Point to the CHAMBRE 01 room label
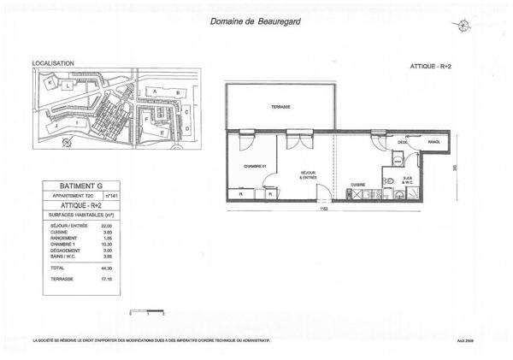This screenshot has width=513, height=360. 255,166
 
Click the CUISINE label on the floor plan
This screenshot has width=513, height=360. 358,185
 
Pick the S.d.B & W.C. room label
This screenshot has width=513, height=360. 408,180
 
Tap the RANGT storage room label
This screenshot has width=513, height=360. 433,142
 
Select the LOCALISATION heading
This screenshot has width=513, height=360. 53,63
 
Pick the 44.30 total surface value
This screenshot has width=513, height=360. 108,269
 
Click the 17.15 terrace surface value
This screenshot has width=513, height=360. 108,280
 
